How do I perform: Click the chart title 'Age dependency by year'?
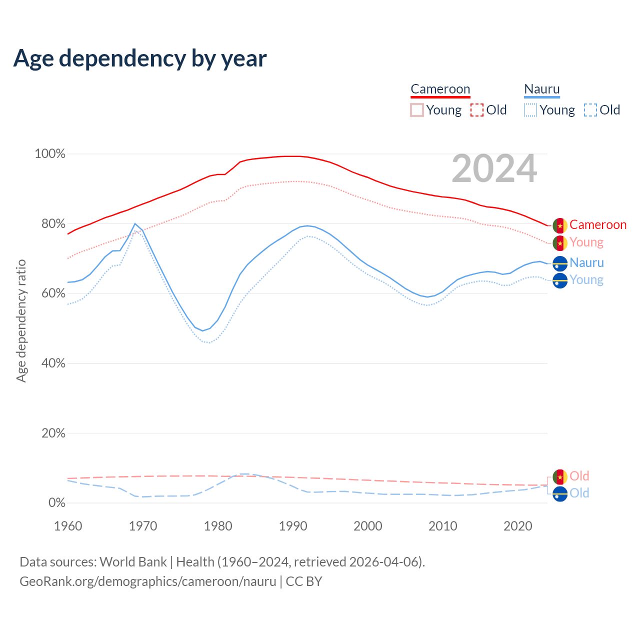(x=140, y=58)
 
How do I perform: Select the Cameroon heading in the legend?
(x=440, y=89)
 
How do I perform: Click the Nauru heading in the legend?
(x=541, y=89)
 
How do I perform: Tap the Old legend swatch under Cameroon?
(x=476, y=110)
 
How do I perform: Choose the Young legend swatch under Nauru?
(x=530, y=110)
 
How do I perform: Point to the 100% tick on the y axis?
(x=50, y=154)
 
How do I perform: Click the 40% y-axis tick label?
(x=53, y=363)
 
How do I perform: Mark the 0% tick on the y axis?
(x=56, y=503)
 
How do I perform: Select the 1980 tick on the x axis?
(x=218, y=526)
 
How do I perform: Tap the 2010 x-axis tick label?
(x=443, y=526)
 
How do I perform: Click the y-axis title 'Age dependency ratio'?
(x=21, y=320)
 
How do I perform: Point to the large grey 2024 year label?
(x=494, y=169)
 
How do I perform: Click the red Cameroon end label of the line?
(x=597, y=225)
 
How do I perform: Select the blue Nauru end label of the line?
(x=586, y=263)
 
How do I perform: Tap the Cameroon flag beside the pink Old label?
(x=560, y=476)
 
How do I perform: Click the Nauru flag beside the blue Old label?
(x=560, y=493)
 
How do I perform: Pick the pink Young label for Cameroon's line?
(x=586, y=242)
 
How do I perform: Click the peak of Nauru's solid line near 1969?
(x=135, y=224)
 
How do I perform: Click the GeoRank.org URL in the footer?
(x=148, y=581)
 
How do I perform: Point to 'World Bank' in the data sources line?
(x=133, y=562)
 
